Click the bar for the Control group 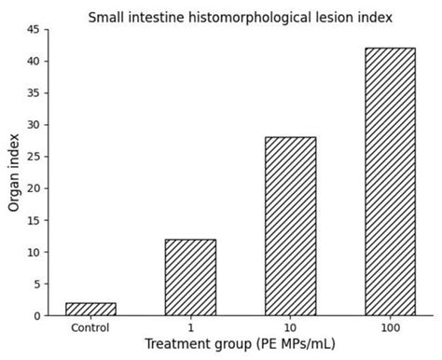[x=90, y=309]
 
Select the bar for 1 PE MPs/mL [x=190, y=277]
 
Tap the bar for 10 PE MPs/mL [x=290, y=227]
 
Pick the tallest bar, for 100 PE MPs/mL [x=390, y=182]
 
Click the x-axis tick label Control [x=90, y=327]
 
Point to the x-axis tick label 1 [x=190, y=327]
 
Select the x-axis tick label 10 [x=290, y=327]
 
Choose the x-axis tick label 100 [x=390, y=327]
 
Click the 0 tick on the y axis [x=36, y=316]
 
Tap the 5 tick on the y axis [x=36, y=284]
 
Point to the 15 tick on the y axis [x=34, y=221]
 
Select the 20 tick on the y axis [x=34, y=188]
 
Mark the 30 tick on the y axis [x=34, y=125]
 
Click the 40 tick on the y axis [x=34, y=62]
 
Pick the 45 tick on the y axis [x=34, y=30]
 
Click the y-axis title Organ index [x=14, y=173]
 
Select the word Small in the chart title [x=106, y=17]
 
